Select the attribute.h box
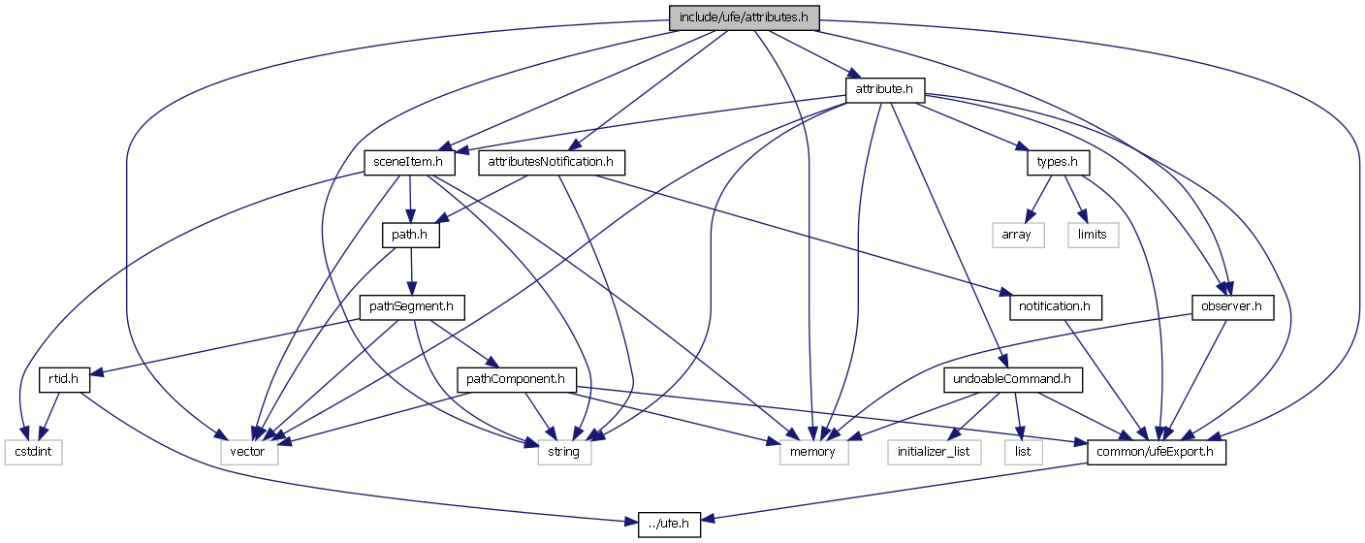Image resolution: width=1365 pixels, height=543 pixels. coord(885,90)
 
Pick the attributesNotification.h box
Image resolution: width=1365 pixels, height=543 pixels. coord(552,162)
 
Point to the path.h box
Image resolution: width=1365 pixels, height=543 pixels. coord(411,235)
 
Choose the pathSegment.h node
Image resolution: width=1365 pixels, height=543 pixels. coord(411,307)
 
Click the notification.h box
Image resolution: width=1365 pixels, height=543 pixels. coord(1055,307)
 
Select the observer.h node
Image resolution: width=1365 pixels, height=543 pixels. coord(1231,307)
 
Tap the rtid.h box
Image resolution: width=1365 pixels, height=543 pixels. coord(65,379)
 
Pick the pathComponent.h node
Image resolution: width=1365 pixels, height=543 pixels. coord(517,379)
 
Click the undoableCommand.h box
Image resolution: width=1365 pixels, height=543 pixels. coord(1012,379)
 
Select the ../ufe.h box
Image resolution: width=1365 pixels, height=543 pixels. coord(670,525)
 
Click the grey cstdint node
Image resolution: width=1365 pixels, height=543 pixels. coord(33,452)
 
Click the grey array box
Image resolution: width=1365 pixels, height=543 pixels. coord(1017,235)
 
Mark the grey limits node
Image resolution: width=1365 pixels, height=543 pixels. coord(1093,235)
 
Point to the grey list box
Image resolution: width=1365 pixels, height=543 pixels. coord(1023,452)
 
